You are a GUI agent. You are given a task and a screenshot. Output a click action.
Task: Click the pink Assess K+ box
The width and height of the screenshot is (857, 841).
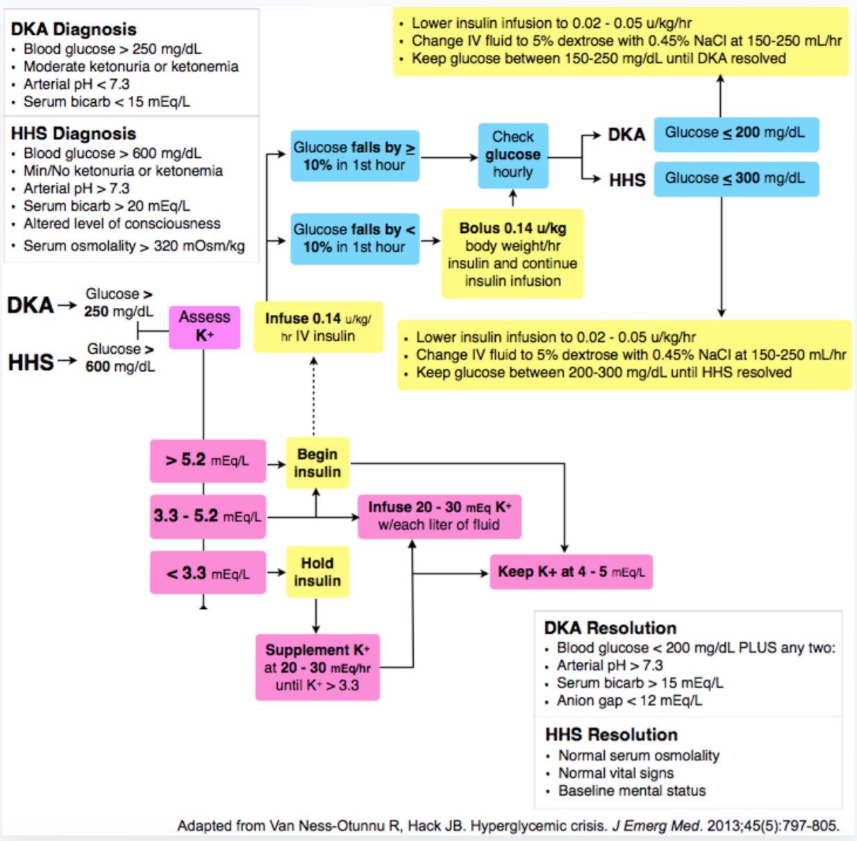click(x=205, y=327)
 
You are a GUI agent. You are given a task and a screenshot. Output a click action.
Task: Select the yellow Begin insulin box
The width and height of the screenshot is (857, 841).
click(x=317, y=463)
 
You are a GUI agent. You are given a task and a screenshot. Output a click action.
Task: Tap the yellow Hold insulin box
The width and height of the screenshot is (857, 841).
click(x=317, y=571)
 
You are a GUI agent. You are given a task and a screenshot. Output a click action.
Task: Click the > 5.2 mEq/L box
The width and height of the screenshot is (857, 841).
click(x=208, y=461)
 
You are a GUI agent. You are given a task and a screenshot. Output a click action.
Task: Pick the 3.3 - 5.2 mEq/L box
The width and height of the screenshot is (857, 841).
click(x=208, y=516)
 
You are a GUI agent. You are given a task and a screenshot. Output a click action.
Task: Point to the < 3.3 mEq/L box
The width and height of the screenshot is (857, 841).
click(x=208, y=573)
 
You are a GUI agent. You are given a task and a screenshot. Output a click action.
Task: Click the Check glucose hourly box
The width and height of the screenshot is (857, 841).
click(x=513, y=156)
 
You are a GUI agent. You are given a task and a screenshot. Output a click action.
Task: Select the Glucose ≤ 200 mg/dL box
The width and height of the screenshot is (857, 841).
click(x=736, y=134)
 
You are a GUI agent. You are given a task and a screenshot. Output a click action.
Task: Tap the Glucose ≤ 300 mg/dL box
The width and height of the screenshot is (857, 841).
click(x=736, y=179)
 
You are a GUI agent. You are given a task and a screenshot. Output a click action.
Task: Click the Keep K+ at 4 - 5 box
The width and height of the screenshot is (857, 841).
click(x=572, y=571)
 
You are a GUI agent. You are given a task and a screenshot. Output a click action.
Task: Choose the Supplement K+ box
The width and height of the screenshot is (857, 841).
click(x=317, y=667)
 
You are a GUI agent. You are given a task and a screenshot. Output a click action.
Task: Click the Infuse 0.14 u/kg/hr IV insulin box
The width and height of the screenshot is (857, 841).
click(x=319, y=327)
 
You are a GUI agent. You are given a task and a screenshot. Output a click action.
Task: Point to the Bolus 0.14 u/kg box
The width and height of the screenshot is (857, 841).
click(x=513, y=254)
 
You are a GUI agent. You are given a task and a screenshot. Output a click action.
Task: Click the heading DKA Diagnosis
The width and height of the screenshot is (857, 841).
click(x=74, y=29)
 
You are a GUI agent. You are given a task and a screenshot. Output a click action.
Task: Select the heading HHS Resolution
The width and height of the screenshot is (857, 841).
click(x=612, y=735)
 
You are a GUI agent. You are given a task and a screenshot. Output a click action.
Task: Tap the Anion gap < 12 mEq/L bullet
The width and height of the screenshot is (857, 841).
click(x=625, y=701)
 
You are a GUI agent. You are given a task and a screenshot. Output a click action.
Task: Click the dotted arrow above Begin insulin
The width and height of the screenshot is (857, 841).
click(x=313, y=396)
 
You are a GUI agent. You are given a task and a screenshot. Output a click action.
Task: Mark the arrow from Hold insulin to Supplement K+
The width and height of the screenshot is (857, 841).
click(x=316, y=617)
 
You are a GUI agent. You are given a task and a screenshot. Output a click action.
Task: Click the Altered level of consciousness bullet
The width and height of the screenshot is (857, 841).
click(x=117, y=224)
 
